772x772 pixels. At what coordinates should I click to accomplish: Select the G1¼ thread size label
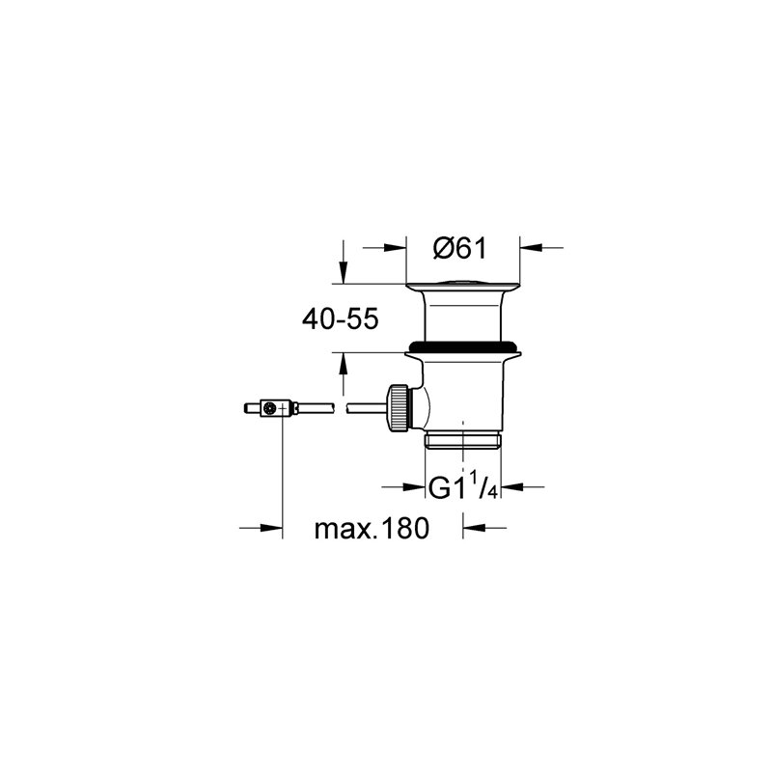click(x=462, y=488)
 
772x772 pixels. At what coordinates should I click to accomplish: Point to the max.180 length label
click(x=371, y=529)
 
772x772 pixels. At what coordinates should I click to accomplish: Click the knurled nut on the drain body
click(x=396, y=409)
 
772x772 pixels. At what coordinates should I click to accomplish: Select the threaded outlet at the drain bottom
click(x=464, y=445)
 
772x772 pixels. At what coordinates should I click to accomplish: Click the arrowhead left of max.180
click(x=273, y=527)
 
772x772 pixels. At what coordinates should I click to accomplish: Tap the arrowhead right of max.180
click(x=474, y=527)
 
